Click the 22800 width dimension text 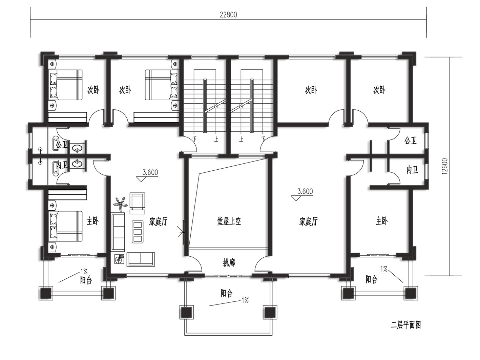coord(228,15)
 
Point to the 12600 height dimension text coord(445,166)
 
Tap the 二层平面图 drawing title coord(406,331)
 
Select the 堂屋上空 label coord(229,221)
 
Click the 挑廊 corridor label coord(229,262)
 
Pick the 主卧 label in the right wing coord(381,221)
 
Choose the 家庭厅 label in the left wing coord(158,221)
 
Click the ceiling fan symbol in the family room coord(120,204)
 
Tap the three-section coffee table coord(138,232)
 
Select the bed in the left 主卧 coord(65,226)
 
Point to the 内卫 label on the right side coord(413,170)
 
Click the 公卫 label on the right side coord(411,140)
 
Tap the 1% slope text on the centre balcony coord(245,300)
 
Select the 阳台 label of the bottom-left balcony coord(86,280)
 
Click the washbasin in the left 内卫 coord(77,164)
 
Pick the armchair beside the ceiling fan coord(137,203)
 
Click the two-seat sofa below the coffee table coord(141,259)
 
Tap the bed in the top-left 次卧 coord(65,85)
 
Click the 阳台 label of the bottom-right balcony coord(372,279)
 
